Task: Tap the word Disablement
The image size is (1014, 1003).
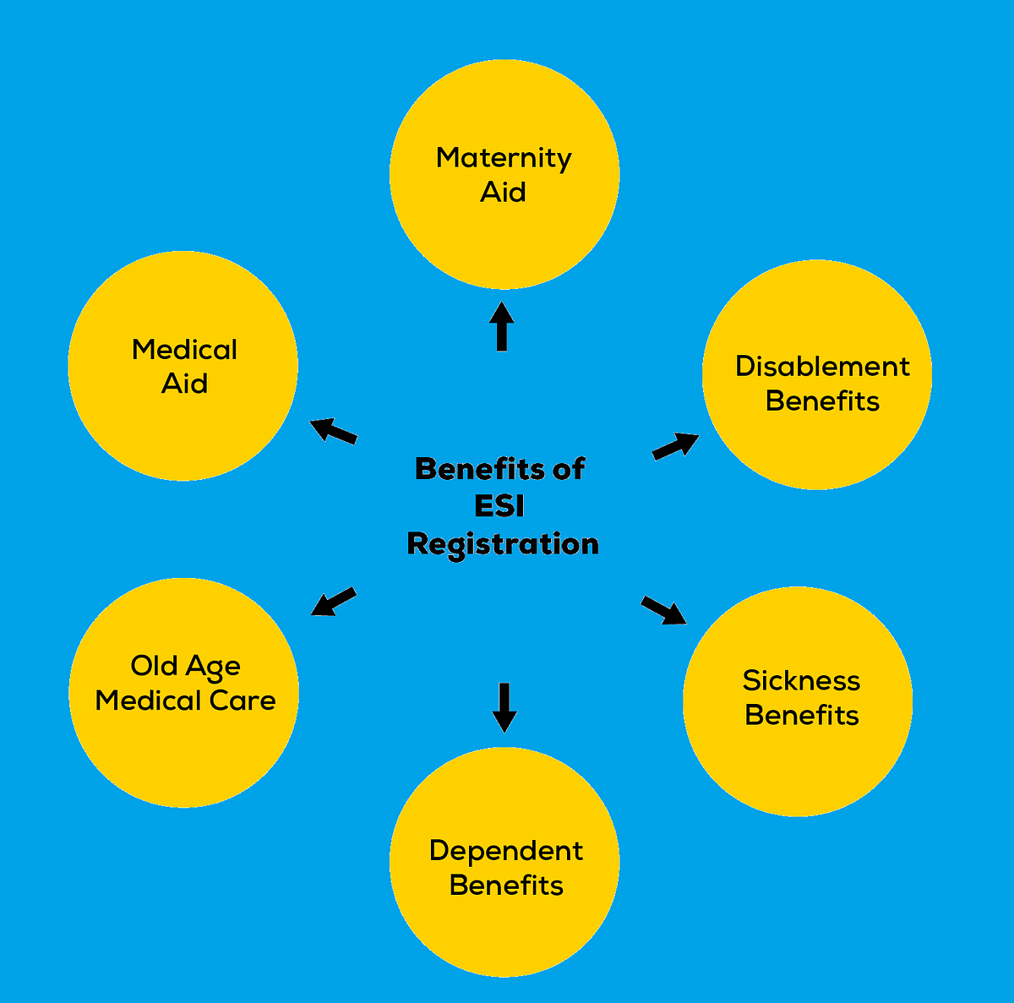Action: click(822, 367)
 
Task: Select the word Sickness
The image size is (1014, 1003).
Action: click(801, 681)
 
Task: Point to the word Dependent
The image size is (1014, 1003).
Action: click(505, 851)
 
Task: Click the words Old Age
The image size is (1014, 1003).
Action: click(185, 668)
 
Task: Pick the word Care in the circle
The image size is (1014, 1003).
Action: click(243, 700)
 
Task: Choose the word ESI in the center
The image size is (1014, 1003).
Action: click(499, 506)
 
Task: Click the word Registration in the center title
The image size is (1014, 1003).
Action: click(503, 544)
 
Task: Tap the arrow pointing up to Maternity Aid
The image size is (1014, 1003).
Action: click(502, 326)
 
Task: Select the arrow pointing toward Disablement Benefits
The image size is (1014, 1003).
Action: click(675, 445)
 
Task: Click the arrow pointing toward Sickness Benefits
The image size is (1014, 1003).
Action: click(664, 611)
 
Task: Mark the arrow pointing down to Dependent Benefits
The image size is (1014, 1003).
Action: click(504, 706)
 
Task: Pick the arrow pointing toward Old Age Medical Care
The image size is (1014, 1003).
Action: click(333, 602)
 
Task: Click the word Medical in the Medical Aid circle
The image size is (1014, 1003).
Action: click(184, 350)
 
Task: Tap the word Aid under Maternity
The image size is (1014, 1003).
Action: click(503, 193)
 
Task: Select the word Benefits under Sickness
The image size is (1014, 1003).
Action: click(801, 716)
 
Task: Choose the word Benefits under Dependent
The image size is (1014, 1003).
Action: click(505, 886)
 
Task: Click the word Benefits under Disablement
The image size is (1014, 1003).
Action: click(822, 401)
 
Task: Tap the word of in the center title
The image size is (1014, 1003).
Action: click(568, 469)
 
